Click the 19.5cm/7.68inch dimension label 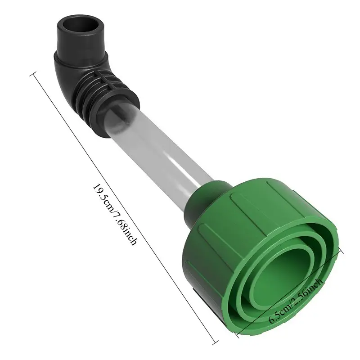point(115,215)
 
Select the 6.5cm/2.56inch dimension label point(296,301)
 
